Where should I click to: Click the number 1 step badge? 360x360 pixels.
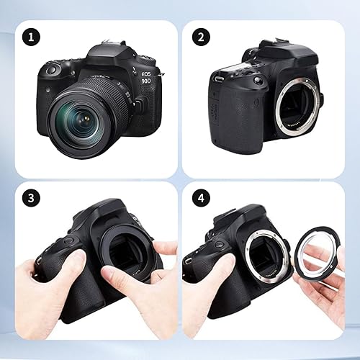pos(28,35)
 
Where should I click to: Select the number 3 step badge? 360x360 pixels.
pos(28,197)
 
